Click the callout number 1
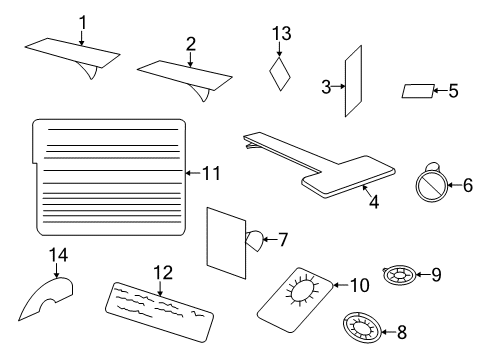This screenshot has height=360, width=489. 83,21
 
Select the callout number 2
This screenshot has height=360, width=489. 190,43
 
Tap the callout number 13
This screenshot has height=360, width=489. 281,35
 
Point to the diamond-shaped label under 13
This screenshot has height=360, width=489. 281,74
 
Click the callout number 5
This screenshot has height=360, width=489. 453,91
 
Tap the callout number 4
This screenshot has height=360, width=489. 374,201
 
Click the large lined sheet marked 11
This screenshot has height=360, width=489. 111,170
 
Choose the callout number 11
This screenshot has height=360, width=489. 210,173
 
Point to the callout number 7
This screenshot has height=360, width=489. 282,239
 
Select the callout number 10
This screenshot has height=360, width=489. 359,285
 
